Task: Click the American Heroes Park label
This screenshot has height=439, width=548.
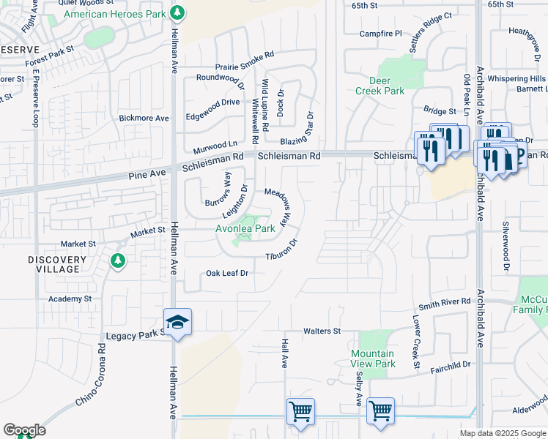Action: [115, 14]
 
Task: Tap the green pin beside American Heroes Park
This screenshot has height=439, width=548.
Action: [177, 13]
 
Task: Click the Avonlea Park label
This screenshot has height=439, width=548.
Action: [245, 228]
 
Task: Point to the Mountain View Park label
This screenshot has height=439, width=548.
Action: [372, 359]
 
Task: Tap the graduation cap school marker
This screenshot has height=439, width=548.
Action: [177, 322]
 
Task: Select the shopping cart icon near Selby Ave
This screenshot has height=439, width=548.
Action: [380, 412]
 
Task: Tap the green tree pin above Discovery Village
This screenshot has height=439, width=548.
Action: [117, 260]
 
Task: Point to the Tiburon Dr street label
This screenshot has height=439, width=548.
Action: [282, 249]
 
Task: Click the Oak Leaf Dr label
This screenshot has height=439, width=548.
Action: [227, 273]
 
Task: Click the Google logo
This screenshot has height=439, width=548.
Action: [24, 430]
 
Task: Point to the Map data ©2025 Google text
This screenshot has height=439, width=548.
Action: [502, 433]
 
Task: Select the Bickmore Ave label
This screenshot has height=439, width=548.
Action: [144, 118]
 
